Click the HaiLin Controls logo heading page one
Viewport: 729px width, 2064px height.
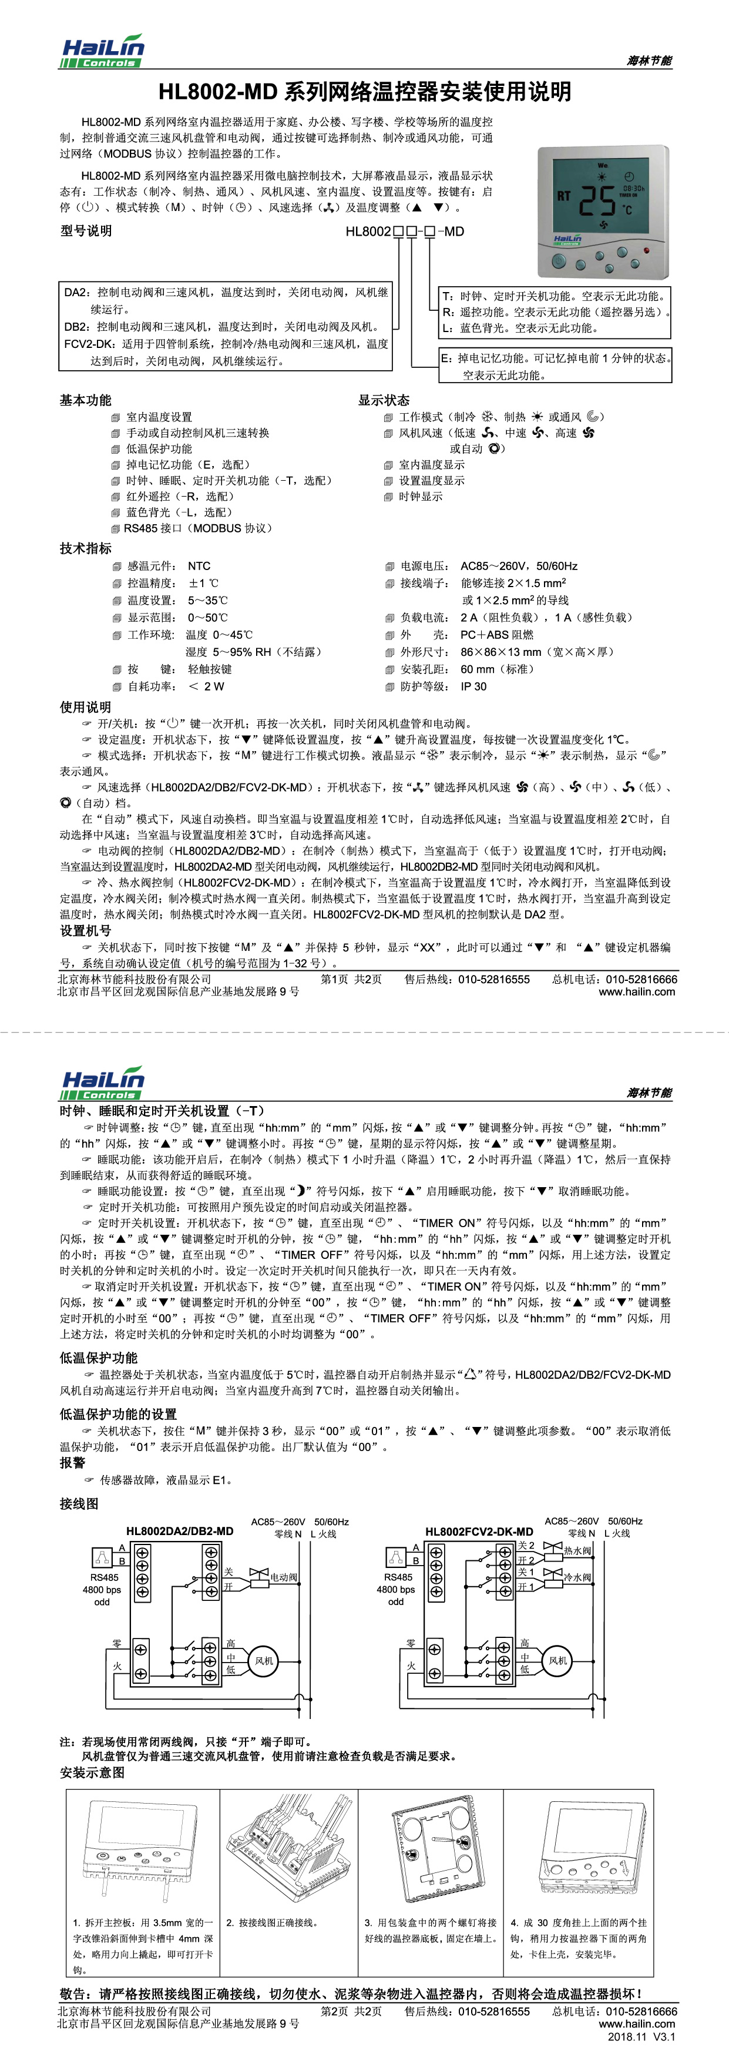pyautogui.click(x=103, y=51)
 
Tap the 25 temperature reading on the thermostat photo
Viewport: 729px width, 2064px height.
pyautogui.click(x=597, y=200)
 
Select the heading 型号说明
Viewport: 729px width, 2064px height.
pyautogui.click(x=86, y=232)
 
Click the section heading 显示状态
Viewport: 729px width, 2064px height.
pyautogui.click(x=384, y=400)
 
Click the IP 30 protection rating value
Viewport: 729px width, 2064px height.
pyautogui.click(x=473, y=686)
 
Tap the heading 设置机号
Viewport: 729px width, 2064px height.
pyautogui.click(x=86, y=930)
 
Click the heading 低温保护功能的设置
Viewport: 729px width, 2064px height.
pyautogui.click(x=117, y=1414)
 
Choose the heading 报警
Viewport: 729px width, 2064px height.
pyautogui.click(x=72, y=1462)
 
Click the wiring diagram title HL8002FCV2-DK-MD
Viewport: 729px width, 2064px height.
pyautogui.click(x=479, y=1531)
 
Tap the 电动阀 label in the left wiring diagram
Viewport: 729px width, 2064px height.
pyautogui.click(x=284, y=1577)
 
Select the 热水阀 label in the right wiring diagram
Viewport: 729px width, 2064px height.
pyautogui.click(x=577, y=1550)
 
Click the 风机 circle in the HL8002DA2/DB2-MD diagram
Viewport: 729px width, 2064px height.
pyautogui.click(x=264, y=1661)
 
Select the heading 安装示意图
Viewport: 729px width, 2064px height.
pyautogui.click(x=92, y=1773)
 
